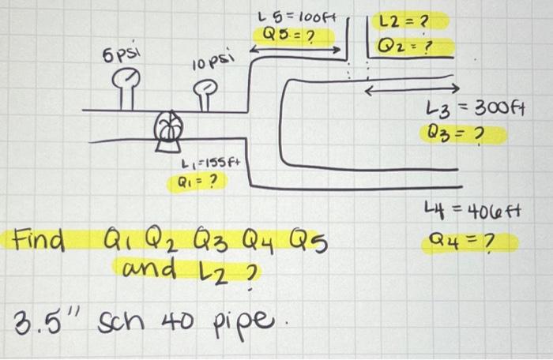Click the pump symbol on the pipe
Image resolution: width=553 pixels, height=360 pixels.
(x=167, y=129)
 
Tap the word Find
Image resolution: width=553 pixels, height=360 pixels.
(x=39, y=238)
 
